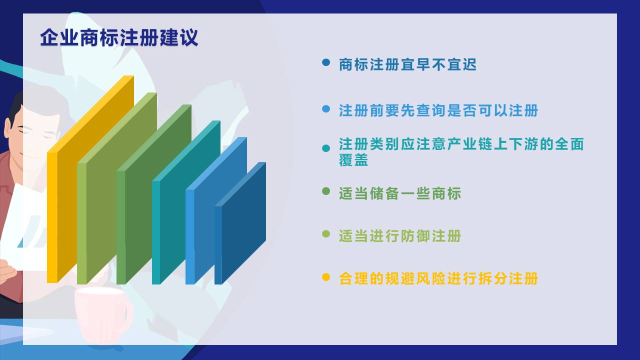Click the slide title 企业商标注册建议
[119, 37]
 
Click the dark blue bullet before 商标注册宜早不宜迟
[326, 62]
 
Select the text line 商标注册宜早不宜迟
[407, 64]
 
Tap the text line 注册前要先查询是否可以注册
[438, 110]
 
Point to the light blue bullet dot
[326, 109]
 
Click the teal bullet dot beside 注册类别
[326, 148]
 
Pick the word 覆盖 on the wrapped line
[353, 159]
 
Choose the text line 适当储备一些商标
[400, 193]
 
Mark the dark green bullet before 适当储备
[326, 191]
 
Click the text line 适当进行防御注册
[400, 236]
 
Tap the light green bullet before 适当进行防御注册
[326, 234]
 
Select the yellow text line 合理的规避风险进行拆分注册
[438, 278]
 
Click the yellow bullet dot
[326, 277]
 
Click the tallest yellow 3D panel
[90, 179]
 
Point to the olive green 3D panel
[117, 188]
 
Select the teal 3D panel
[186, 202]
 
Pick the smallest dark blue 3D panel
[240, 223]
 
